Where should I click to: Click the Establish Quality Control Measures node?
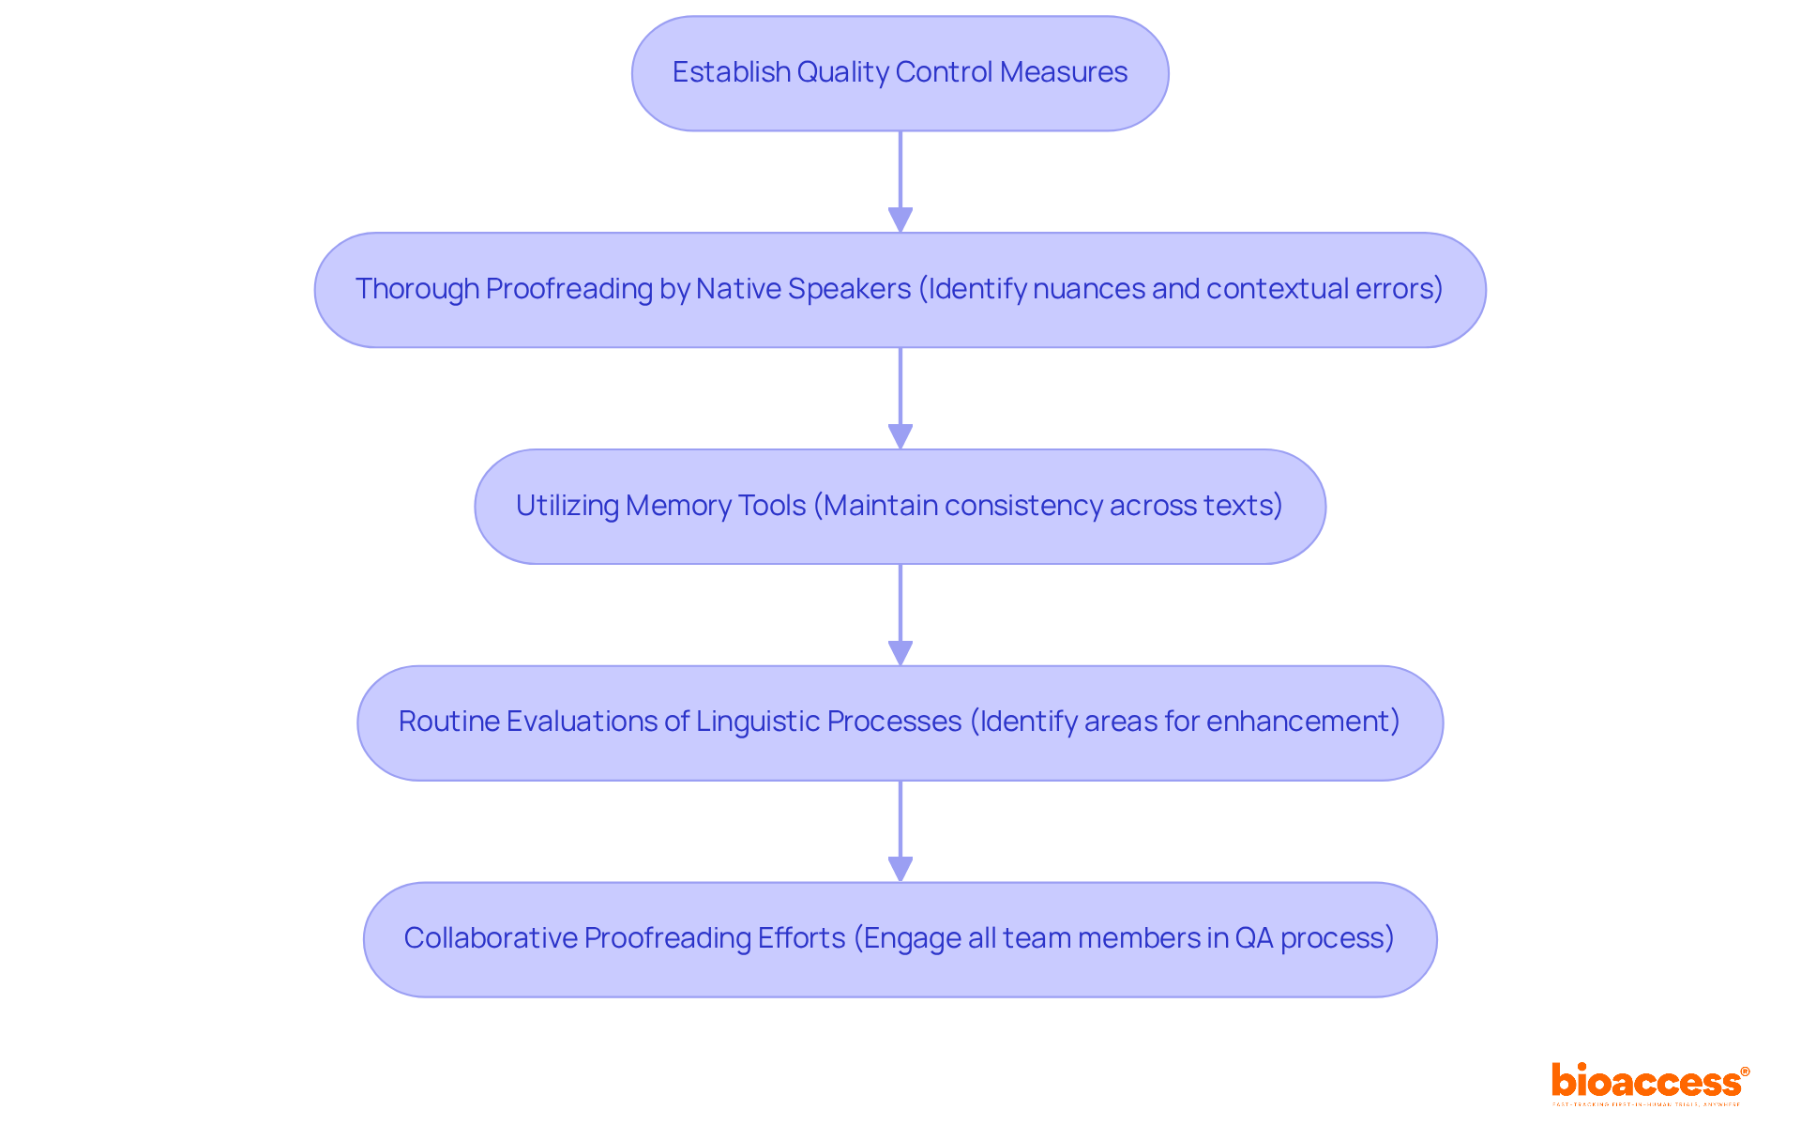(900, 73)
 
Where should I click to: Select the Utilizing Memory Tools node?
(900, 507)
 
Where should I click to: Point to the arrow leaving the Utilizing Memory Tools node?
(900, 615)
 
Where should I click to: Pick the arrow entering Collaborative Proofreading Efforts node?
(900, 831)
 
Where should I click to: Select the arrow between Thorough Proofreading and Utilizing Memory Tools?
(900, 398)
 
